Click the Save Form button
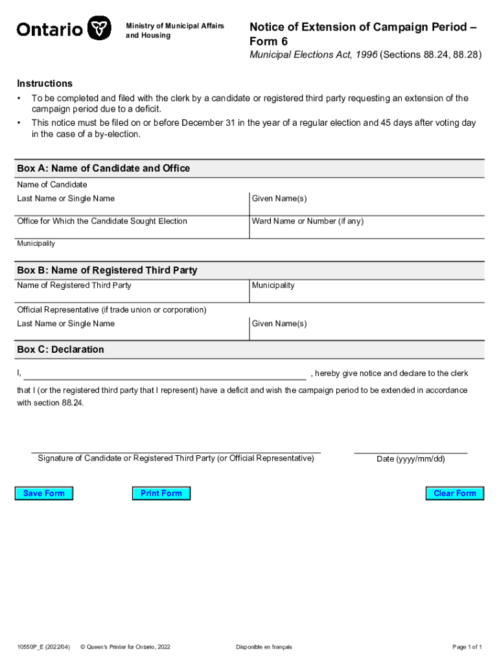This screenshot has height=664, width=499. pos(44,493)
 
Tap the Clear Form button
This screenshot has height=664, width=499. pos(454,493)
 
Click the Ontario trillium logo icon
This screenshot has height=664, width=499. pos(98,29)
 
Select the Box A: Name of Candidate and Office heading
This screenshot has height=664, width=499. pos(104,169)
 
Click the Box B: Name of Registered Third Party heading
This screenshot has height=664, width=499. pos(107,270)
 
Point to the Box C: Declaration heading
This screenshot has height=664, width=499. pos(60,350)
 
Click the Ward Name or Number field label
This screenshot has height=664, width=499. pos(307,221)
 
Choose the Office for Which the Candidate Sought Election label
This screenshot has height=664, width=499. pos(102,221)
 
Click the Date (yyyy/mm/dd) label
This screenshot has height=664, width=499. pos(410,459)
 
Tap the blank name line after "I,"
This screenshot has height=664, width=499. pos(165,374)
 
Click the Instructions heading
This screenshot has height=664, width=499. pos(45,84)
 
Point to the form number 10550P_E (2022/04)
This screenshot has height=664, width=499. pos(44,647)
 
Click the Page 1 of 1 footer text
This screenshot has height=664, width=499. pos(467,647)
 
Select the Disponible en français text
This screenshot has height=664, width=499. pos(264,647)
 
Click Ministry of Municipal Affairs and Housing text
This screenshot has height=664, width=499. pos(174,30)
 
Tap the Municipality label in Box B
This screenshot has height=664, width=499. pos(273,285)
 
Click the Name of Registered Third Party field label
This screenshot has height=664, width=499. pos(74,285)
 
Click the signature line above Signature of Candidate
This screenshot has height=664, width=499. pos(176,450)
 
